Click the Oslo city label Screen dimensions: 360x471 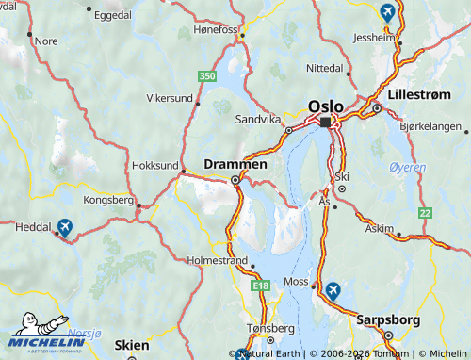(x=325, y=106)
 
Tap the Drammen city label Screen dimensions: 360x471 (x=235, y=163)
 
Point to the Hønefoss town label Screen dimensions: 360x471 (x=217, y=29)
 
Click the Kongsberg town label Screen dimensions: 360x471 (x=110, y=200)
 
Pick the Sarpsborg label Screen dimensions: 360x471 (x=387, y=319)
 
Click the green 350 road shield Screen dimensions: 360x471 (x=208, y=75)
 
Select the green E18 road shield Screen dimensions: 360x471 (x=260, y=284)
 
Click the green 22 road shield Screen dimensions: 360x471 (x=426, y=214)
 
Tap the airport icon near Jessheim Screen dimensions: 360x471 (x=386, y=12)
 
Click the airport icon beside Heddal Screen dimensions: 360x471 (x=64, y=226)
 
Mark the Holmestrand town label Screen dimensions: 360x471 (x=217, y=259)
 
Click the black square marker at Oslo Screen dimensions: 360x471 (x=326, y=123)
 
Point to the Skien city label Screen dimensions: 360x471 (x=131, y=346)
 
